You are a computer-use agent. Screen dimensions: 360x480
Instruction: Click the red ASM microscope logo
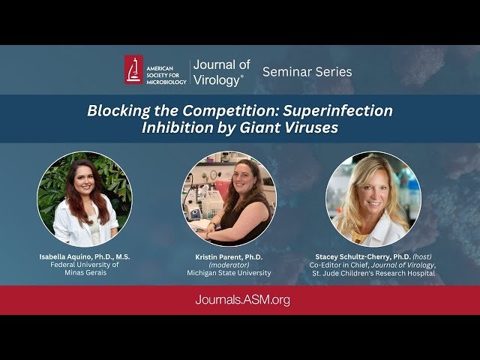(133, 70)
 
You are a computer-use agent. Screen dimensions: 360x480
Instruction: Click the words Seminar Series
(307, 72)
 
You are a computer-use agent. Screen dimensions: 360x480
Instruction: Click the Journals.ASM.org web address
(240, 300)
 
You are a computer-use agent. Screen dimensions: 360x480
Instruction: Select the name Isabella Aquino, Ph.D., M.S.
(85, 256)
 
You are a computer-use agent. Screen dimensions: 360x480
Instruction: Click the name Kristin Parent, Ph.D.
(229, 256)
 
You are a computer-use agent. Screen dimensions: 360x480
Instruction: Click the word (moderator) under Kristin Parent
(229, 265)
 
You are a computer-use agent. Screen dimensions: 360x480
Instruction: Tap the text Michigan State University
(229, 274)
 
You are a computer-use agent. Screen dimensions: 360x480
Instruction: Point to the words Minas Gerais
(85, 273)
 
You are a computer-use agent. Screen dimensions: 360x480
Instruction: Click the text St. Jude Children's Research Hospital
(373, 273)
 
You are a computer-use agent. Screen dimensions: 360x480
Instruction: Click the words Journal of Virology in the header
(221, 71)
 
